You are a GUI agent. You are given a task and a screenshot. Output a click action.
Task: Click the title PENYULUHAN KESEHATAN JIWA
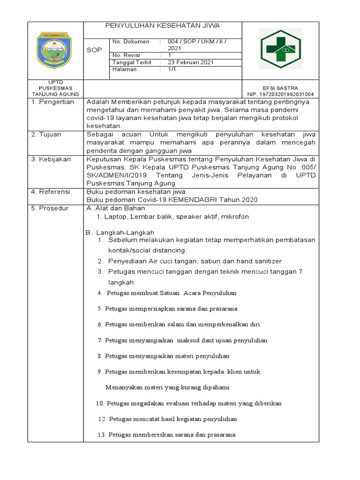(163, 25)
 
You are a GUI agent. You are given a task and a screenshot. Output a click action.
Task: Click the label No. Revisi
(127, 55)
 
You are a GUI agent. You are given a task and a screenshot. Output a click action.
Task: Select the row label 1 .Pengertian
(52, 102)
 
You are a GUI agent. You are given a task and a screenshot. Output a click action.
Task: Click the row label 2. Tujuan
(47, 134)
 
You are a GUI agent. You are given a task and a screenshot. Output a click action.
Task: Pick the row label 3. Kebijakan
(51, 159)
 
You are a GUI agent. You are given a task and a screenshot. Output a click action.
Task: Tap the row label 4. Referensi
(51, 192)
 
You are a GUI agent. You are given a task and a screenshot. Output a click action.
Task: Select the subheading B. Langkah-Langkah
(120, 232)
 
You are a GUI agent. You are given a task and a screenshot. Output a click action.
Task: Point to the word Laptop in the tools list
(115, 217)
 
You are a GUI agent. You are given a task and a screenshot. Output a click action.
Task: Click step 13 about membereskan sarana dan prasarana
(166, 435)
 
